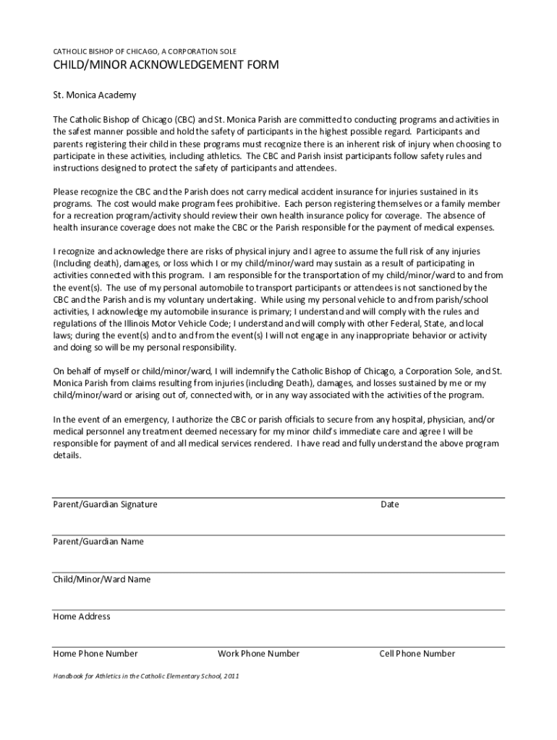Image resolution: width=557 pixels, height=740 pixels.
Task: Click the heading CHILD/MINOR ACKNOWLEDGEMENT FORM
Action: [x=166, y=66]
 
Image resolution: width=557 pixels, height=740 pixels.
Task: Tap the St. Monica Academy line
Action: [x=94, y=95]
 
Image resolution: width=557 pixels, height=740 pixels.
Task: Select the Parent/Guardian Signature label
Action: [x=105, y=504]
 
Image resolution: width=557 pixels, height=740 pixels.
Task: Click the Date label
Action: [x=390, y=504]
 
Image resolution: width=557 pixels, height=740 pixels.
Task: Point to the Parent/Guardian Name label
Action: [x=98, y=541]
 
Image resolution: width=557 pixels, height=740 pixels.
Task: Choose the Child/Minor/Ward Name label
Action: [x=102, y=579]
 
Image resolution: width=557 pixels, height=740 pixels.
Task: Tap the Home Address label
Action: [x=82, y=616]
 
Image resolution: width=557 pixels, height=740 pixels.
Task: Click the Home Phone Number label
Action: [x=95, y=653]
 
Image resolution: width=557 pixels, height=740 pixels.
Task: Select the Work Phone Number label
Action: [x=258, y=653]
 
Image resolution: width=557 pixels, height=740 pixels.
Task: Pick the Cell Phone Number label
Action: [x=417, y=653]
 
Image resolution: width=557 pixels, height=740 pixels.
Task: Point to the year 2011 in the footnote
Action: [x=231, y=676]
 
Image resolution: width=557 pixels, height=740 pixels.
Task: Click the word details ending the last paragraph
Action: [x=67, y=456]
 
